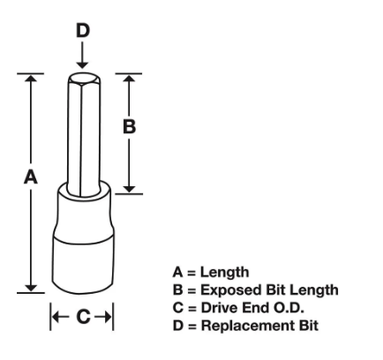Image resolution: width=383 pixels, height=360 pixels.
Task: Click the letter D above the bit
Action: (83, 31)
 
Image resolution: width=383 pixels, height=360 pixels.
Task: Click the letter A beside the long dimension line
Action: (31, 177)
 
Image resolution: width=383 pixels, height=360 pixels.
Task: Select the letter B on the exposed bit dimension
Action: (129, 127)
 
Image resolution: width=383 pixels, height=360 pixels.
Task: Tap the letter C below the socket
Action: (84, 317)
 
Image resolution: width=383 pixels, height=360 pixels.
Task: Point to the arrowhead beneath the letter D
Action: (82, 65)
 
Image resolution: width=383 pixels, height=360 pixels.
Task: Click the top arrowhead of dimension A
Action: (31, 78)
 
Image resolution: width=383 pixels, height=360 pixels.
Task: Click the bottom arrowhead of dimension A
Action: (31, 289)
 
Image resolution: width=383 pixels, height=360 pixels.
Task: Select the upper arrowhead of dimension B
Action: (129, 78)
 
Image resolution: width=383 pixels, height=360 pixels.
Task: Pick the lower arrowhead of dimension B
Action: (129, 190)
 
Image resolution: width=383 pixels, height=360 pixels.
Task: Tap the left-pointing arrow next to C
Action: (60, 317)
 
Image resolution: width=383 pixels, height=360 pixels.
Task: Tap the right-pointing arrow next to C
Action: (103, 317)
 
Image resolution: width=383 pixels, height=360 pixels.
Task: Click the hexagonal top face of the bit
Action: (84, 79)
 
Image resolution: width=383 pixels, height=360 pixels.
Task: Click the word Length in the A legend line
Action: (225, 272)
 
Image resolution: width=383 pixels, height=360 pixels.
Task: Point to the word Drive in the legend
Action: (219, 308)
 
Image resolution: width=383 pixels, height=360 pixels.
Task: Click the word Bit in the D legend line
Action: (309, 326)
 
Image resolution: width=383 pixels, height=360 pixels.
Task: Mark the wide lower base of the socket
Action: (83, 265)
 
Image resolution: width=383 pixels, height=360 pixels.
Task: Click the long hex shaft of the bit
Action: (84, 135)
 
